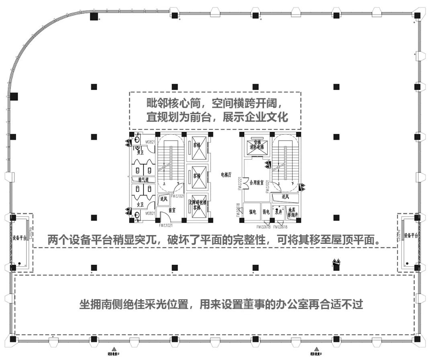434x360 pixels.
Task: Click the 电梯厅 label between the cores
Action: point(227,175)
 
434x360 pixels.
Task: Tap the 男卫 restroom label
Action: point(140,152)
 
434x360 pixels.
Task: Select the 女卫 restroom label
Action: point(140,205)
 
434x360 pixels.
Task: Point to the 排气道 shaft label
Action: point(143,179)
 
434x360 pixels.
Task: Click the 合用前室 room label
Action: point(256,182)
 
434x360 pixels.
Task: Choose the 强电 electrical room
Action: point(253,211)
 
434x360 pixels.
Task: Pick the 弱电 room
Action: point(266,211)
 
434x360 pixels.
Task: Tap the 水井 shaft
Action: point(278,211)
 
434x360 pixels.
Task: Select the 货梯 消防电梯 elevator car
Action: point(256,145)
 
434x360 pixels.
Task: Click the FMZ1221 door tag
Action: point(240,183)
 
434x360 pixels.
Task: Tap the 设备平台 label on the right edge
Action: point(411,235)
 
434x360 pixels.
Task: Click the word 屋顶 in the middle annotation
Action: point(338,240)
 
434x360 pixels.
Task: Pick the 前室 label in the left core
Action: point(172,210)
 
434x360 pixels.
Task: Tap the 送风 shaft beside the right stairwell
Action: point(285,197)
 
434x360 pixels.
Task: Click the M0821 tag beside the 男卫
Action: point(150,142)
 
